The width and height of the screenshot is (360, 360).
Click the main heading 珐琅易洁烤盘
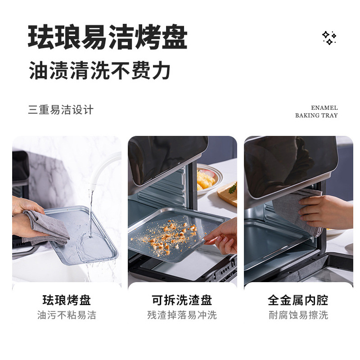point(108,37)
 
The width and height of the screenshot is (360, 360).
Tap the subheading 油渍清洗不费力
point(100,70)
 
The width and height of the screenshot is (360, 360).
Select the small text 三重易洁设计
point(61,109)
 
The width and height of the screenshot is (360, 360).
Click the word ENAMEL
point(324,108)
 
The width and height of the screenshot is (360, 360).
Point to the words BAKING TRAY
point(316,115)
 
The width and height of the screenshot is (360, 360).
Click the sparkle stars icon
point(329,38)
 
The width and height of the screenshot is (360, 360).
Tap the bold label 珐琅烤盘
point(67,300)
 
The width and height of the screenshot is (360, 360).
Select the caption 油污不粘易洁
point(67,315)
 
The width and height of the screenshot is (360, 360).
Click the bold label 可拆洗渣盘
point(182,300)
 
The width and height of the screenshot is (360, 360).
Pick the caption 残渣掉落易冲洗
point(182,315)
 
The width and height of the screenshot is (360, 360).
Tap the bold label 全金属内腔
point(298,300)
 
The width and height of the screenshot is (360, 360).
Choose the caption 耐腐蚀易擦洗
point(298,315)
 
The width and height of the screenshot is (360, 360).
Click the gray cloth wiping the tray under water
point(46,227)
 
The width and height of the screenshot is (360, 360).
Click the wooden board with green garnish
point(228,193)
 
